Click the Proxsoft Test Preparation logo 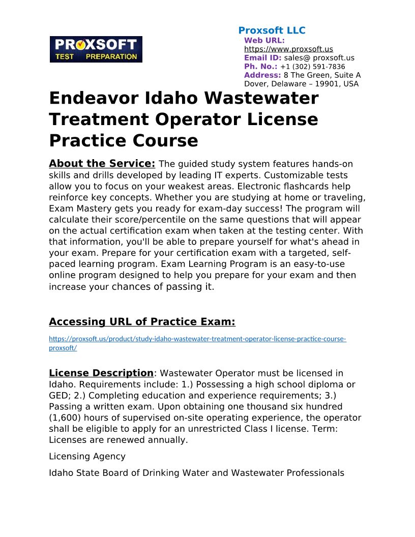(96, 49)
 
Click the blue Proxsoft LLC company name (272, 31)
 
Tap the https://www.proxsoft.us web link (288, 49)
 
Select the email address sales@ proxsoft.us (319, 58)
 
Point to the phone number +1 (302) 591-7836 (312, 67)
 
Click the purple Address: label (262, 75)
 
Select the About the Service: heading (102, 164)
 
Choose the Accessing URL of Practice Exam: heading (142, 322)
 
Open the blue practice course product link (197, 339)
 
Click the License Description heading (101, 373)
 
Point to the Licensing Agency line (87, 456)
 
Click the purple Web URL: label (264, 40)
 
